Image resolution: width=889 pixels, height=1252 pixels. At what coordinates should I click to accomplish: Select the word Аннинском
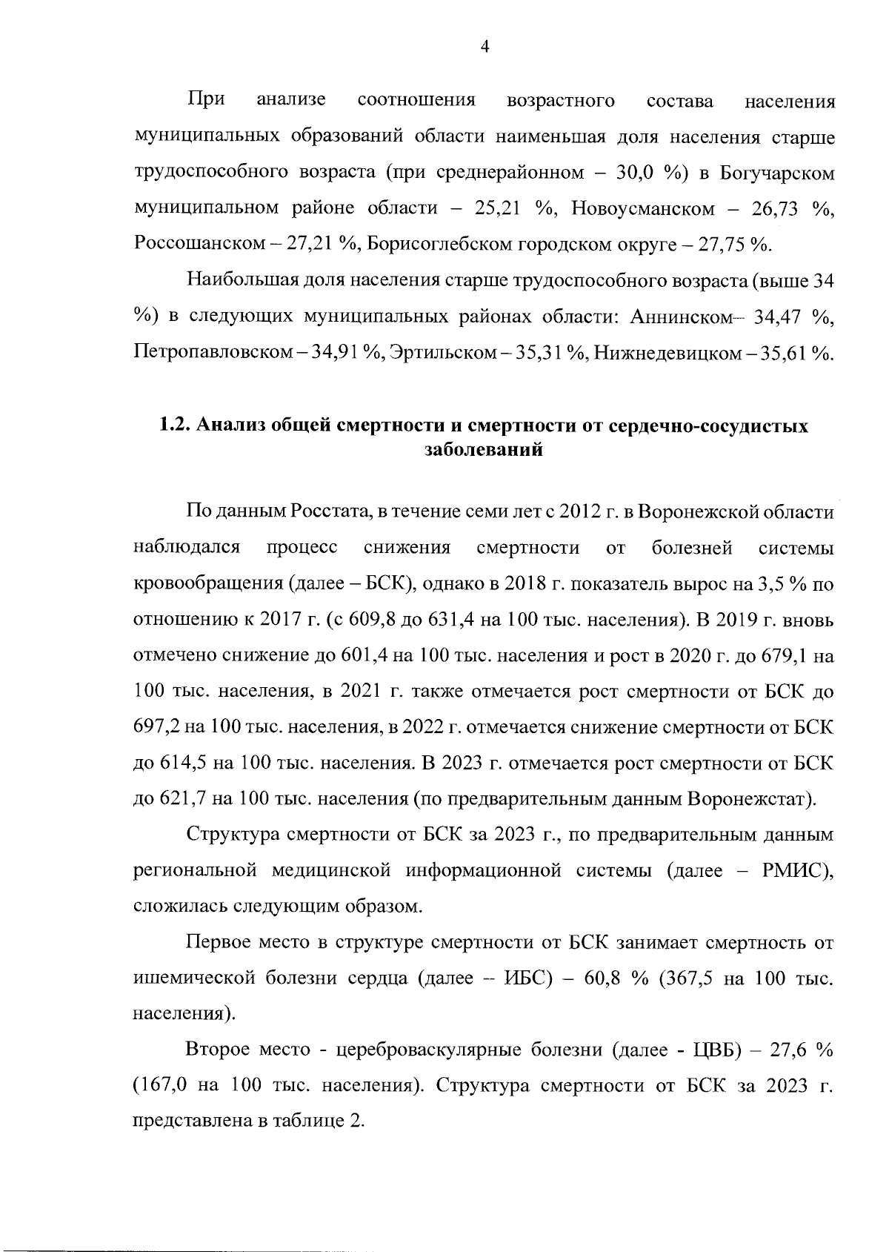point(682,317)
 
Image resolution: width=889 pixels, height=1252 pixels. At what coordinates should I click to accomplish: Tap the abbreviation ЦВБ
point(714,1050)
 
